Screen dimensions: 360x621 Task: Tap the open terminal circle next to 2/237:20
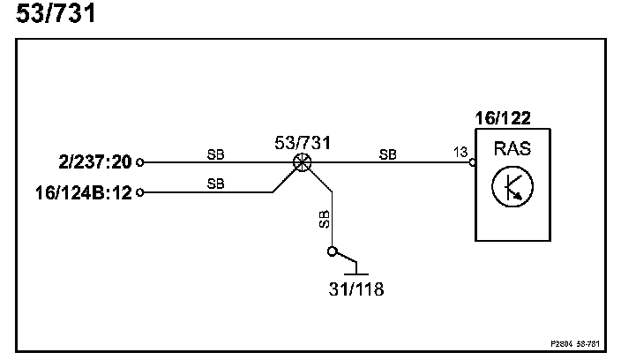click(140, 162)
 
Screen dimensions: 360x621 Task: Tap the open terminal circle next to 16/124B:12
click(140, 191)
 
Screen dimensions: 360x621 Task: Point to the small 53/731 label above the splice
click(303, 143)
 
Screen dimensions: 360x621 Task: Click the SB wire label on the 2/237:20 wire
click(215, 154)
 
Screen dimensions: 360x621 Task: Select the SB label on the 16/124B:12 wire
click(215, 184)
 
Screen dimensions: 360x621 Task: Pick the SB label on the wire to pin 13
click(387, 154)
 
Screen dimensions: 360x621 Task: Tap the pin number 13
click(460, 153)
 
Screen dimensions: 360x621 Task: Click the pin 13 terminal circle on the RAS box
click(472, 163)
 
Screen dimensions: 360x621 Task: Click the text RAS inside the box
click(513, 149)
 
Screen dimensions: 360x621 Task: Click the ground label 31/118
click(356, 288)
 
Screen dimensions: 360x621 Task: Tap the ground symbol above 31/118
click(355, 267)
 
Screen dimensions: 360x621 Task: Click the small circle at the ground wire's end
click(332, 251)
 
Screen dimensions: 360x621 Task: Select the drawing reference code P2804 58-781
click(573, 343)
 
